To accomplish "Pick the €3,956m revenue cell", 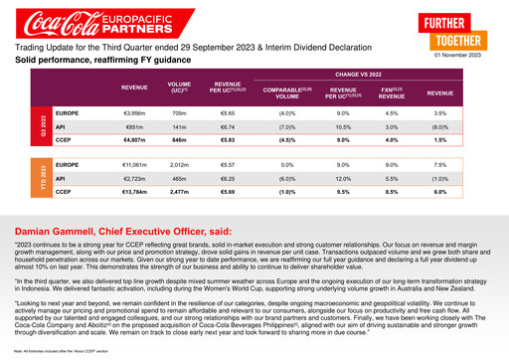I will [134, 115].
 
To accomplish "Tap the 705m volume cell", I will [179, 115].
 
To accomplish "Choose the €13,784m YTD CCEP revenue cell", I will [134, 191].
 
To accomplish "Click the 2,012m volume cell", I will [179, 164].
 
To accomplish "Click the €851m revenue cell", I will [134, 128].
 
